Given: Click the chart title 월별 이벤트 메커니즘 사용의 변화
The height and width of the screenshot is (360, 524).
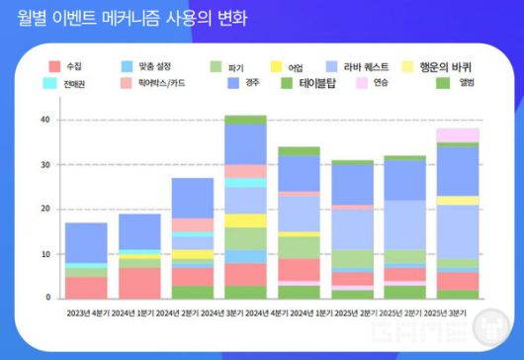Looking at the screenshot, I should (x=132, y=18).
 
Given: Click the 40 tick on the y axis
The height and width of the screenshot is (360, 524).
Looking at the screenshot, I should (x=44, y=120).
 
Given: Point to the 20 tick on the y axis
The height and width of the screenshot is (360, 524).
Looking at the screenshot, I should (x=44, y=209).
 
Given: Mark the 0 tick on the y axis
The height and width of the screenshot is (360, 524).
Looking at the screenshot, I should (x=46, y=298).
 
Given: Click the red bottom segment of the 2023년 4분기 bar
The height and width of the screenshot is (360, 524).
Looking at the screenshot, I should (x=86, y=287).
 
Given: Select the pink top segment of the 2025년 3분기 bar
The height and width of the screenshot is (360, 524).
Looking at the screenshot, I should (x=458, y=135).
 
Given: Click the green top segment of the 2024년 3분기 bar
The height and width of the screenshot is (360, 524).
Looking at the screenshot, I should (x=245, y=120).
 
